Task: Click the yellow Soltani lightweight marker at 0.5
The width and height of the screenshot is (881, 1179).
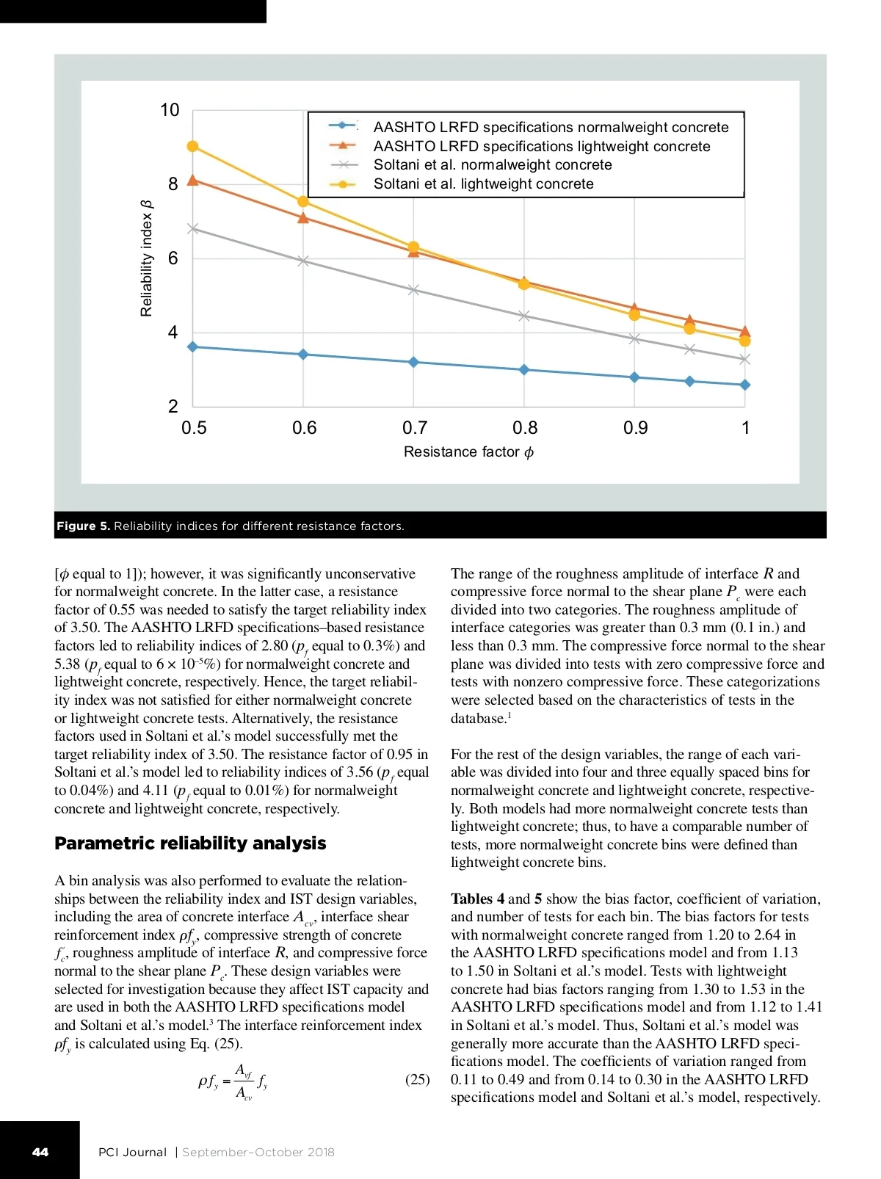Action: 193,146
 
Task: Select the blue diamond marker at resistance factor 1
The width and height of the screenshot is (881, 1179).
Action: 745,385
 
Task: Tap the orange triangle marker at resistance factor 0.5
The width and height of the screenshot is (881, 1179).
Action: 193,180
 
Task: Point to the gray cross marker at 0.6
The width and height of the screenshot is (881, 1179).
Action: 303,261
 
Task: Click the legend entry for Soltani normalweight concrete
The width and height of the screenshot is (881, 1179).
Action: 492,165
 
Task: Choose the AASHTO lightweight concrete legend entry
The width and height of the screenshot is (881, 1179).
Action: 541,146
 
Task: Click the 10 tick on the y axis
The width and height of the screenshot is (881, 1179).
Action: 170,110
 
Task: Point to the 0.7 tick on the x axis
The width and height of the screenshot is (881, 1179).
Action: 414,428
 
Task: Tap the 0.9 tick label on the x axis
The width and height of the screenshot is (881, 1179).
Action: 635,428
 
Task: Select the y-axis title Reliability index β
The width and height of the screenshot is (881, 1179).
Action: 146,258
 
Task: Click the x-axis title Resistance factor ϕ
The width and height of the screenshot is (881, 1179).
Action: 468,451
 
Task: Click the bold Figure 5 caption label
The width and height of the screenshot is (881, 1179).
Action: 83,526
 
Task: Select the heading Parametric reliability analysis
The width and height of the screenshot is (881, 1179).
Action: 190,843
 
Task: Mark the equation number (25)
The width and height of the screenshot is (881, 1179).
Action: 417,1079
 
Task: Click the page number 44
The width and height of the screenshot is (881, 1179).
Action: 40,1152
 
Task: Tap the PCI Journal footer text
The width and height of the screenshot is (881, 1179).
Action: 132,1152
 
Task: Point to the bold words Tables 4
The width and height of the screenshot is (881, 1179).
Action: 477,899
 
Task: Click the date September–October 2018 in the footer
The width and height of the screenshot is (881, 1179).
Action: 258,1152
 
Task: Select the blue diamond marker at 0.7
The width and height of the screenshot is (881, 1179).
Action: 414,362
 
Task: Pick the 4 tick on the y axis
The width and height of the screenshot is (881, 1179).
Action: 173,332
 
